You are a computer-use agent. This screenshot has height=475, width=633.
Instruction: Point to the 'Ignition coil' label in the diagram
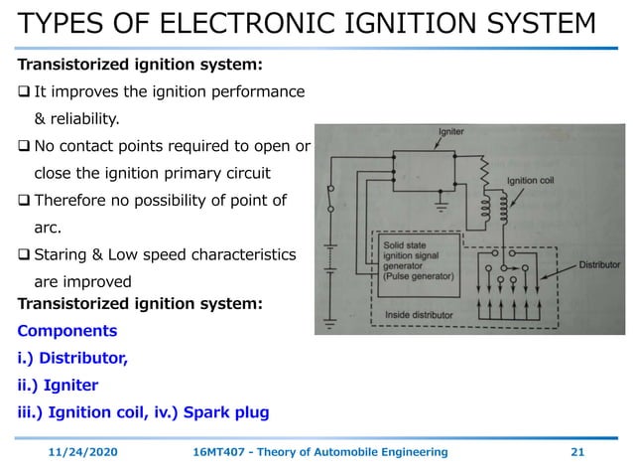click(x=537, y=181)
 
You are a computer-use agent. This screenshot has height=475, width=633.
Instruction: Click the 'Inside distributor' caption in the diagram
click(x=427, y=316)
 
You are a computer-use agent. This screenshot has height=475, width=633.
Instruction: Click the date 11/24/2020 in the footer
click(x=82, y=452)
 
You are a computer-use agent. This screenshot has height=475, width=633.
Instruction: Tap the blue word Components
click(x=67, y=331)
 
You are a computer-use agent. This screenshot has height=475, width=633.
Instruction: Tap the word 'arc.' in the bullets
click(x=48, y=228)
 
